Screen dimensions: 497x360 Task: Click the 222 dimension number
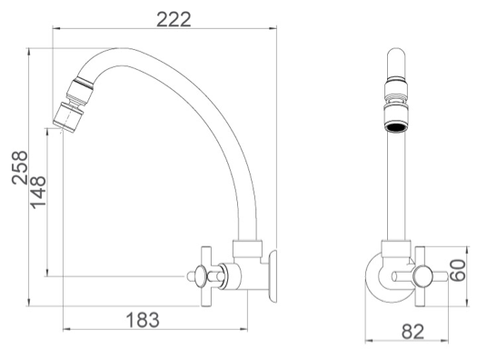coord(174,19)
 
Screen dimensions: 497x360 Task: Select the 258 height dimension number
coord(20,167)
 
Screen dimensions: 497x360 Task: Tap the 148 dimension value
coord(38,192)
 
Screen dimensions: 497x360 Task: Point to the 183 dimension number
coord(143,320)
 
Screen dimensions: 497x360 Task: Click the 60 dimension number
coord(458,270)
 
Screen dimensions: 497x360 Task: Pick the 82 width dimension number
coord(413,332)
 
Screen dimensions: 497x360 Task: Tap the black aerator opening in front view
coord(396,127)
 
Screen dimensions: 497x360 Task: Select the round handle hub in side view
coord(201,276)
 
